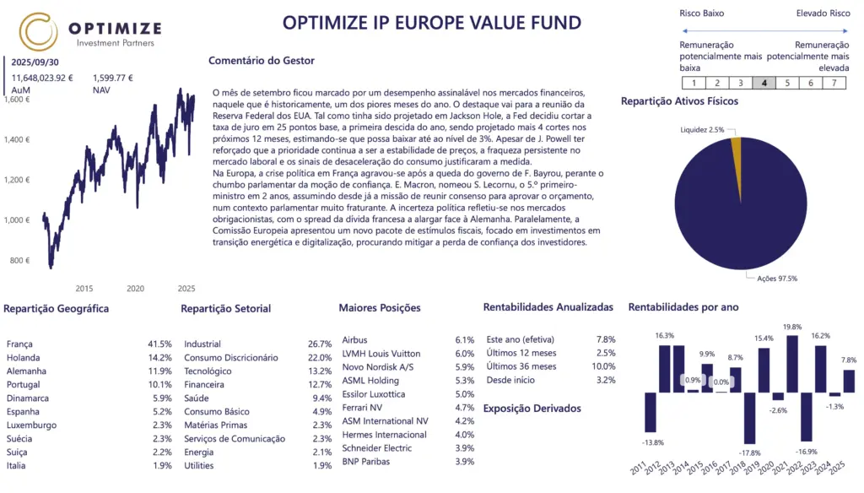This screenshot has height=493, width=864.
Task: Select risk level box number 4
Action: click(x=764, y=83)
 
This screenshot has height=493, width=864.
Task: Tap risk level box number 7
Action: click(x=834, y=83)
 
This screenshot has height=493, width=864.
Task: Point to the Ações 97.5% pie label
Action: click(x=778, y=278)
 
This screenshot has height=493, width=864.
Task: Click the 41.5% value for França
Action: click(x=159, y=344)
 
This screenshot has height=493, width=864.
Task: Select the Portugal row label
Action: click(x=24, y=385)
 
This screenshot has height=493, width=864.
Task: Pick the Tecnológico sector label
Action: click(x=208, y=371)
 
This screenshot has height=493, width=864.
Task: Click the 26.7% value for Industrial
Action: click(x=320, y=344)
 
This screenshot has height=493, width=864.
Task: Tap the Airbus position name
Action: click(x=354, y=340)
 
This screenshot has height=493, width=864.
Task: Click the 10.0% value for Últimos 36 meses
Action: click(x=603, y=366)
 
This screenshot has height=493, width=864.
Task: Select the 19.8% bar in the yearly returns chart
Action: click(x=791, y=364)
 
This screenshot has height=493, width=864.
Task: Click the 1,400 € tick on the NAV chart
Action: click(x=17, y=139)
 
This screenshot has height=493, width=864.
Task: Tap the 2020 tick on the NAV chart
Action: click(x=135, y=288)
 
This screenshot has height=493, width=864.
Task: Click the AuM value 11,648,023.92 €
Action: click(x=42, y=78)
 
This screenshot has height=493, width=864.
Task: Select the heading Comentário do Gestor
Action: click(x=262, y=61)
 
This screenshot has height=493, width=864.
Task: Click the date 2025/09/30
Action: click(x=35, y=62)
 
